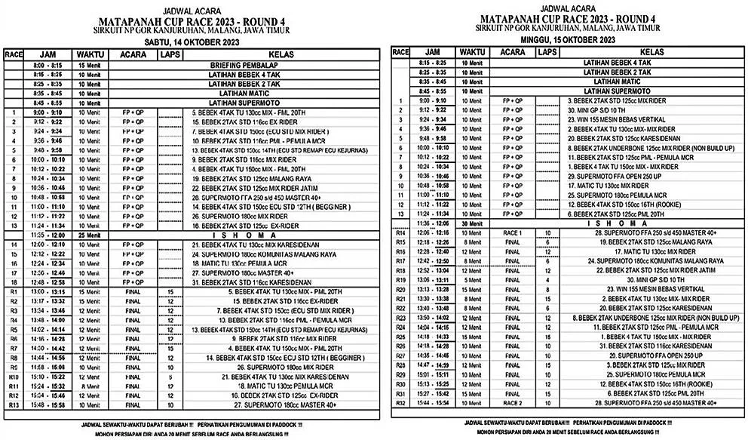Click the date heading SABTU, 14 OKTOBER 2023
[186, 45]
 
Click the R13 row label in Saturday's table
[13, 405]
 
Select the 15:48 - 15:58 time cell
[48, 405]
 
